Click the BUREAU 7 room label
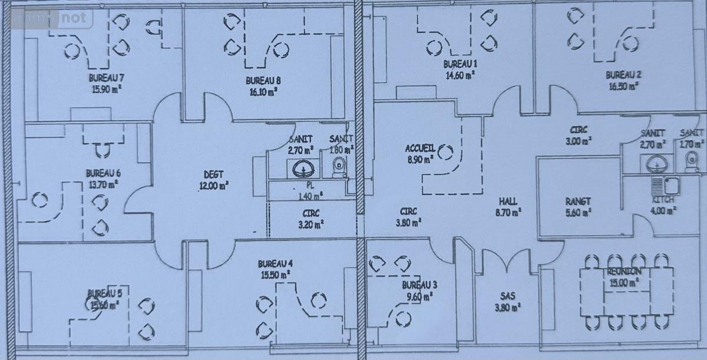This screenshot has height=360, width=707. [x=106, y=78]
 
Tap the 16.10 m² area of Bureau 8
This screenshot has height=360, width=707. [x=263, y=91]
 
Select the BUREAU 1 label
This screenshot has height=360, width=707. [x=460, y=64]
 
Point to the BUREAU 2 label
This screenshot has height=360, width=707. [x=623, y=75]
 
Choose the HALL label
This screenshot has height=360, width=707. [x=507, y=202]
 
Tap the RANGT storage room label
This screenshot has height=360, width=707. [x=578, y=202]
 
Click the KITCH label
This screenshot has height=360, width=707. [x=663, y=200]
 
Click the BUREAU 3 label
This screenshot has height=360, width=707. [x=419, y=285]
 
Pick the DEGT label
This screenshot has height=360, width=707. [x=213, y=174]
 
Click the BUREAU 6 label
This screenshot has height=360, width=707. [x=103, y=173]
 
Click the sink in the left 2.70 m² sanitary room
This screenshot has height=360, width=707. [x=303, y=169]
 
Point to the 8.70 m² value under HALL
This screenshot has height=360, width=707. [x=507, y=212]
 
